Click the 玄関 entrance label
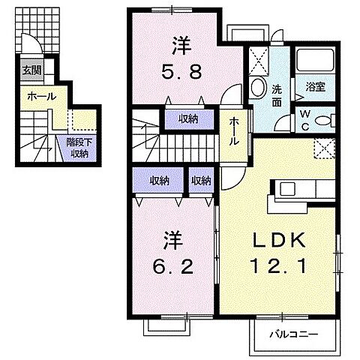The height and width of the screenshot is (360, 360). point(31,71)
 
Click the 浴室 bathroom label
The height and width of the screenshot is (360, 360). point(315,87)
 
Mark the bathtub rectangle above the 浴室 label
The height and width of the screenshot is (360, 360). point(315,61)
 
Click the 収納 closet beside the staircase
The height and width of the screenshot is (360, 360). point(188,118)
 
